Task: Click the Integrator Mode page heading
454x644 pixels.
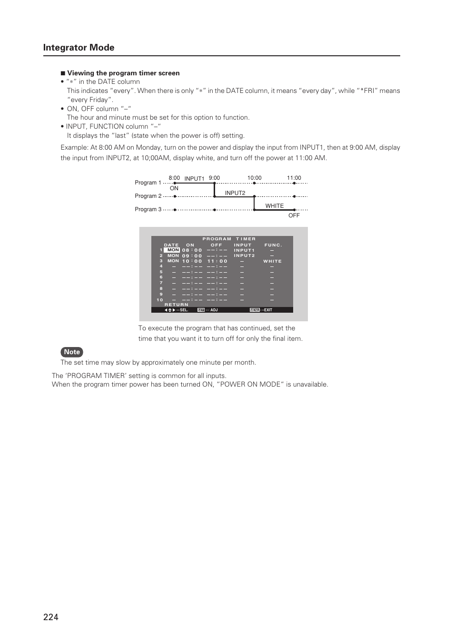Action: [79, 48]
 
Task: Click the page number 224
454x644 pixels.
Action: [50, 617]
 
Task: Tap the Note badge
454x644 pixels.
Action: [72, 352]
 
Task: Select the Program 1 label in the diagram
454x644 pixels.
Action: [148, 183]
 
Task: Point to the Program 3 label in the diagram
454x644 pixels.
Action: [148, 209]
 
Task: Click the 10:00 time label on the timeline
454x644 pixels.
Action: [254, 178]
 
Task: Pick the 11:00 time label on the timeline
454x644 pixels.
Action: [294, 178]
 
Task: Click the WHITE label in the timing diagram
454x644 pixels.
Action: [274, 206]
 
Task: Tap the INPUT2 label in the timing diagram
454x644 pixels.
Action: [235, 193]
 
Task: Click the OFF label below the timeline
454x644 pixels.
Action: [294, 215]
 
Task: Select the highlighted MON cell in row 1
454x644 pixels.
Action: [173, 250]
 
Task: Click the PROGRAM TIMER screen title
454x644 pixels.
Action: [229, 239]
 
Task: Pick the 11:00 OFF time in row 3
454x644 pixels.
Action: [217, 261]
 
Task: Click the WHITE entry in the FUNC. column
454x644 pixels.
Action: [272, 261]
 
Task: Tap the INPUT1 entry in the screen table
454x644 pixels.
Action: [244, 250]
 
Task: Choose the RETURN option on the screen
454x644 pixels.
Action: [176, 305]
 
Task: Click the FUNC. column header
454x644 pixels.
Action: [273, 245]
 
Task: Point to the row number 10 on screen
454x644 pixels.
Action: [159, 300]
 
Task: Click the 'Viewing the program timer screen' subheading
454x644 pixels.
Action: [123, 73]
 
